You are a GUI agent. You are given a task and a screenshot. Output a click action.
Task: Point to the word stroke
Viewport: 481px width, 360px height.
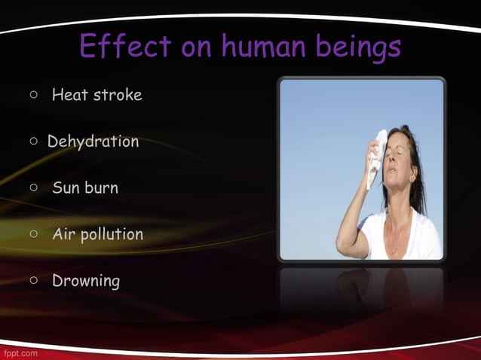tap(117, 95)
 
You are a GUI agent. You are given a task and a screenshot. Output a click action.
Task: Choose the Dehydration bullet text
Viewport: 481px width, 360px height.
tap(93, 142)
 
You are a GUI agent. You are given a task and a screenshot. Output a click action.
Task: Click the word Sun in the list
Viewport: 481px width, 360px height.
tap(66, 188)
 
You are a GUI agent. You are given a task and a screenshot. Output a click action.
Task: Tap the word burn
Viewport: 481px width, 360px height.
tap(101, 188)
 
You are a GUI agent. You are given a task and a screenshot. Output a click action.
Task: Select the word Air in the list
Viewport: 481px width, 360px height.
tap(63, 234)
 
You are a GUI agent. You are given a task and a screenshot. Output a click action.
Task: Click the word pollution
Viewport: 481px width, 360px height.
tap(112, 235)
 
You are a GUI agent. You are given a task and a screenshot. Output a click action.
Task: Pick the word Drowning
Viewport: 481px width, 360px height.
tap(85, 281)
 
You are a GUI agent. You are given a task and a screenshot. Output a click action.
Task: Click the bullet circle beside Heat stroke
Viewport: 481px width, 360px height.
tap(34, 96)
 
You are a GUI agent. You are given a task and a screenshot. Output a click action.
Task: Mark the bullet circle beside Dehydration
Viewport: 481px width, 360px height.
tap(34, 142)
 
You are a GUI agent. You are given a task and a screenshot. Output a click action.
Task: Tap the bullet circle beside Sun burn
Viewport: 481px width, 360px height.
tap(34, 188)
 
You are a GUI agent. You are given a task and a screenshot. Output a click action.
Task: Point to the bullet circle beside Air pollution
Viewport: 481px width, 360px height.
tap(34, 234)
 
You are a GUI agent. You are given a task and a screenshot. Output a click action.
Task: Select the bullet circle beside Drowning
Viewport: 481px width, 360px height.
tap(34, 281)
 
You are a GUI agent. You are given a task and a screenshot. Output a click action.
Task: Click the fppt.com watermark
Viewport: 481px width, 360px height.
tap(19, 352)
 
